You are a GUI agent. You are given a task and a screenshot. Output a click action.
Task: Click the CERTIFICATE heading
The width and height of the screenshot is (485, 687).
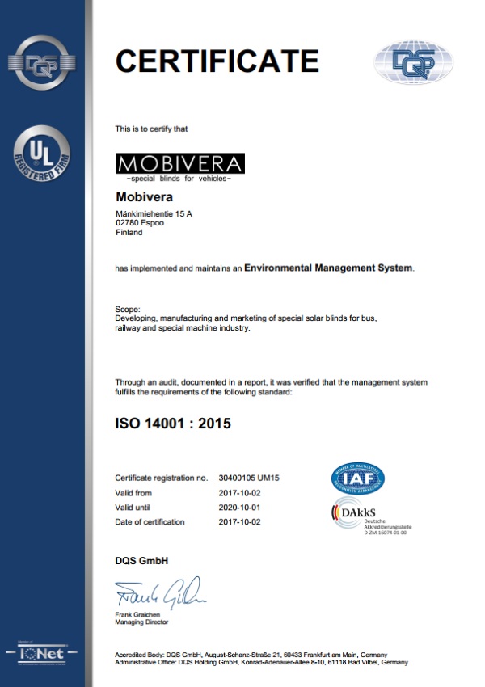point(217,61)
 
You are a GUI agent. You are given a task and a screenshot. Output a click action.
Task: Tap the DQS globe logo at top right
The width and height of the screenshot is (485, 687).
point(413,63)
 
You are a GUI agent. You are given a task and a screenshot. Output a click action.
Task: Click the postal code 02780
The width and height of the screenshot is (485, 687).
point(128,222)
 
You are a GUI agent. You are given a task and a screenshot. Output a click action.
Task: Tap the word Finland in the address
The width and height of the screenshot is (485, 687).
point(129,232)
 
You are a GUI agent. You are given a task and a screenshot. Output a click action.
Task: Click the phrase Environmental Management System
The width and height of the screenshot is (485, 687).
point(328,267)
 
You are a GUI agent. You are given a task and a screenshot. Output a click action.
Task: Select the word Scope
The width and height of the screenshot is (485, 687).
point(128,309)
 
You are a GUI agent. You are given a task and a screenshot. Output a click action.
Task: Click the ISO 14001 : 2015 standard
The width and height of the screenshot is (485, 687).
point(173,423)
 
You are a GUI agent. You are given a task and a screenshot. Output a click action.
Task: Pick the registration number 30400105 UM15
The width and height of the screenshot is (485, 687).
point(249,478)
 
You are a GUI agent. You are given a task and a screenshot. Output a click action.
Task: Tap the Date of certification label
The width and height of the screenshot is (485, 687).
point(150,521)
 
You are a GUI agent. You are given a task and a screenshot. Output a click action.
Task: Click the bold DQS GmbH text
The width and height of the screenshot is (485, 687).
point(141,561)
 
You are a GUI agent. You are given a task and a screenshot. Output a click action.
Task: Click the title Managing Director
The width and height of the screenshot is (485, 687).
point(142,622)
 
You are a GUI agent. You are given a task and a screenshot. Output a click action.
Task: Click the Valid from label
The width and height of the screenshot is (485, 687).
point(133,492)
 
